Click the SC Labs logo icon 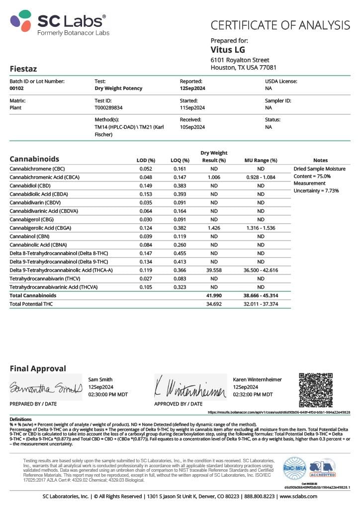(21, 21)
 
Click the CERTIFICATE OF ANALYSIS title (280, 25)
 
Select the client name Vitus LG (228, 50)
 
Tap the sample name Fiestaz (23, 69)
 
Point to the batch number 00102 (17, 88)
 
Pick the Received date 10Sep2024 (192, 127)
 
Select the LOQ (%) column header (180, 160)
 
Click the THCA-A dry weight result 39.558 (214, 270)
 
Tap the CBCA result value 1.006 (214, 177)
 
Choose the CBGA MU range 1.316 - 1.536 (261, 228)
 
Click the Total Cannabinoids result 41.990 (214, 295)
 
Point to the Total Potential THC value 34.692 (214, 304)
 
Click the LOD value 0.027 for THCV (145, 278)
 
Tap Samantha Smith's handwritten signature (45, 388)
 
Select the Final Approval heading (38, 368)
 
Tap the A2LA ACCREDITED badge (323, 468)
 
